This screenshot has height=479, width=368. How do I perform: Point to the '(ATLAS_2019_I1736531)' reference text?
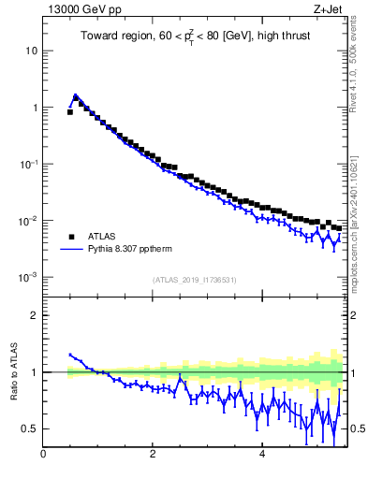coord(194,280)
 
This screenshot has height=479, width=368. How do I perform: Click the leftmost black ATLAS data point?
coord(70,111)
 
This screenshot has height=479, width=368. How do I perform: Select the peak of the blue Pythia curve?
coord(76,95)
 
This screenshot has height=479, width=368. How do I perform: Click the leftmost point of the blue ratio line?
coord(70,355)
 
